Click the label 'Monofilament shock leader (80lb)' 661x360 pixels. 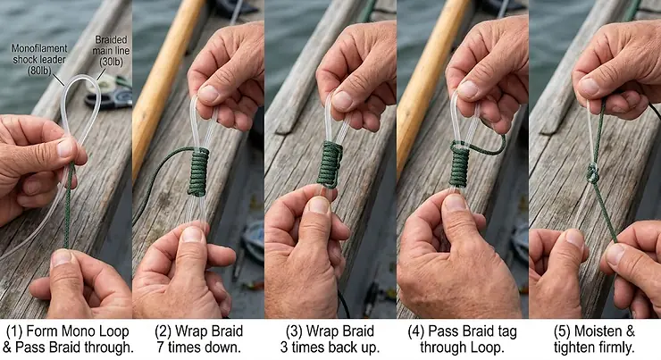pos(39,60)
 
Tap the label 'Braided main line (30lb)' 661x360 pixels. pos(111,51)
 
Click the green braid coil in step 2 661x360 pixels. pos(198,172)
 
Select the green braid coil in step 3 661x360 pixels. pos(330,164)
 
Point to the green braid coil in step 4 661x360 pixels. pos(459,165)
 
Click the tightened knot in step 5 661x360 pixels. pos(592,172)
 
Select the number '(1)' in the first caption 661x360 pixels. pos(14,331)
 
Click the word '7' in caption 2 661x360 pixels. pos(160,347)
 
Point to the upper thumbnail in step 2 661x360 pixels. pos(208,95)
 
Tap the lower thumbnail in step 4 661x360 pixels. pos(454,203)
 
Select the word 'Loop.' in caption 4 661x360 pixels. pos(489,347)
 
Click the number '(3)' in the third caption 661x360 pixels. pos(294,331)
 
